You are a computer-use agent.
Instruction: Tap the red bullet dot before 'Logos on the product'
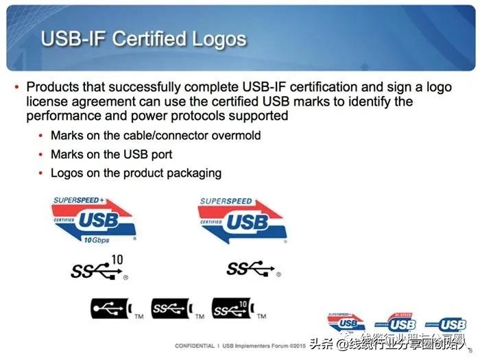[x=42, y=172]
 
